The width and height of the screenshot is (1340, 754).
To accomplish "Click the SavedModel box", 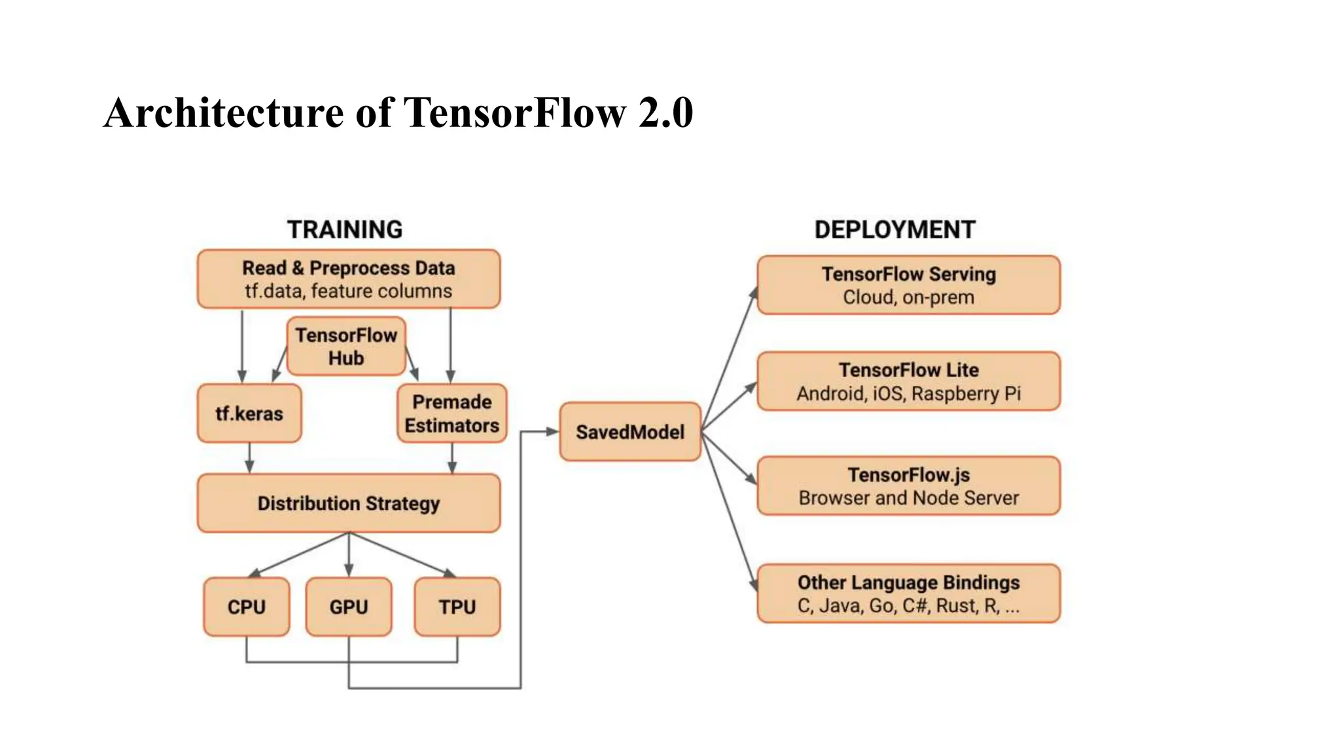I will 630,432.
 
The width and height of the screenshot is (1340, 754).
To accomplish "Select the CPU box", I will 246,607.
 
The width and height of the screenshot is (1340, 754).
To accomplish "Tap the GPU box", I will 349,607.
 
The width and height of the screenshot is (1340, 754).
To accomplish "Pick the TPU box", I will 457,607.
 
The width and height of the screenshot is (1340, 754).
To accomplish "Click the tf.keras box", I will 249,414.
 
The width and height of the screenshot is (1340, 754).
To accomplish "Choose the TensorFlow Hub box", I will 346,346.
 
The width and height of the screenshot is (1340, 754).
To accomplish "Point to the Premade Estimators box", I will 451,414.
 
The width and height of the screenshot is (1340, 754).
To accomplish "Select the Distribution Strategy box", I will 349,503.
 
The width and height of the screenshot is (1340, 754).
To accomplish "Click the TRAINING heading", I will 345,230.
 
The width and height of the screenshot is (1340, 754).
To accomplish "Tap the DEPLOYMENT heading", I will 894,230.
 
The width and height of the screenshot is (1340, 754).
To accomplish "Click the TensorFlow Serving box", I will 908,285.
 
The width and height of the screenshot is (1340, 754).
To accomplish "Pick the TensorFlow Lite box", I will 908,381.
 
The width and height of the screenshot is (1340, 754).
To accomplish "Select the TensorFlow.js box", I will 908,486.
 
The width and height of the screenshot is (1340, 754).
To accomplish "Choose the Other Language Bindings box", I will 908,594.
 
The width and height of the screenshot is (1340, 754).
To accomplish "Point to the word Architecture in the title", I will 223,113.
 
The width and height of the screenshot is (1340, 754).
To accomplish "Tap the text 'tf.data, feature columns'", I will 348,291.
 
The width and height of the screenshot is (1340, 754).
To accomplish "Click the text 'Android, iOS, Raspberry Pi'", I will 908,393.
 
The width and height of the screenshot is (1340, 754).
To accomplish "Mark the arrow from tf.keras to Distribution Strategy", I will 249,458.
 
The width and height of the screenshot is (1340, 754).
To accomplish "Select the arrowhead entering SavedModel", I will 552,431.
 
